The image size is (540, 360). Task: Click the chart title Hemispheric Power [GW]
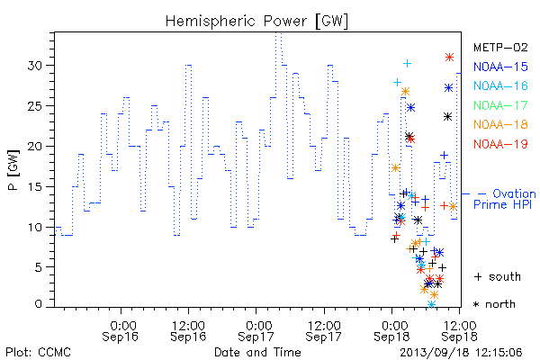tap(256, 22)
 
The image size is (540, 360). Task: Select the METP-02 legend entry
tap(500, 47)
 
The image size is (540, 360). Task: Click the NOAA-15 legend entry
tap(500, 67)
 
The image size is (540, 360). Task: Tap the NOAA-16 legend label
tap(500, 85)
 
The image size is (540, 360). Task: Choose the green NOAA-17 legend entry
tap(500, 105)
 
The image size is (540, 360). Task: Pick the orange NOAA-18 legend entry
tap(500, 124)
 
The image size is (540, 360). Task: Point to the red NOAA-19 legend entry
tap(500, 144)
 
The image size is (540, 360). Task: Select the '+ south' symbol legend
tap(498, 276)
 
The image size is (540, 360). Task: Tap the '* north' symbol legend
tap(494, 304)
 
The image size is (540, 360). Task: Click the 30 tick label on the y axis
tap(36, 66)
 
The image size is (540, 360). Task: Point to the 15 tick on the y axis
tap(36, 186)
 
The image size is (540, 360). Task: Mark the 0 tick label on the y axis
tap(39, 304)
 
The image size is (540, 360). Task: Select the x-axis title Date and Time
tap(257, 352)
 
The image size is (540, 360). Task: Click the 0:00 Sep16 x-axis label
tap(121, 331)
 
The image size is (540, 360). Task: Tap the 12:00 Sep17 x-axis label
tap(324, 331)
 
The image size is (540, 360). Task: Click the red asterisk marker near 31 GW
tap(449, 58)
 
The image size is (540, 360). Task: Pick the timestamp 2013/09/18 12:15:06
tap(461, 353)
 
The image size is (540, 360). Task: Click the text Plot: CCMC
tap(38, 353)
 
